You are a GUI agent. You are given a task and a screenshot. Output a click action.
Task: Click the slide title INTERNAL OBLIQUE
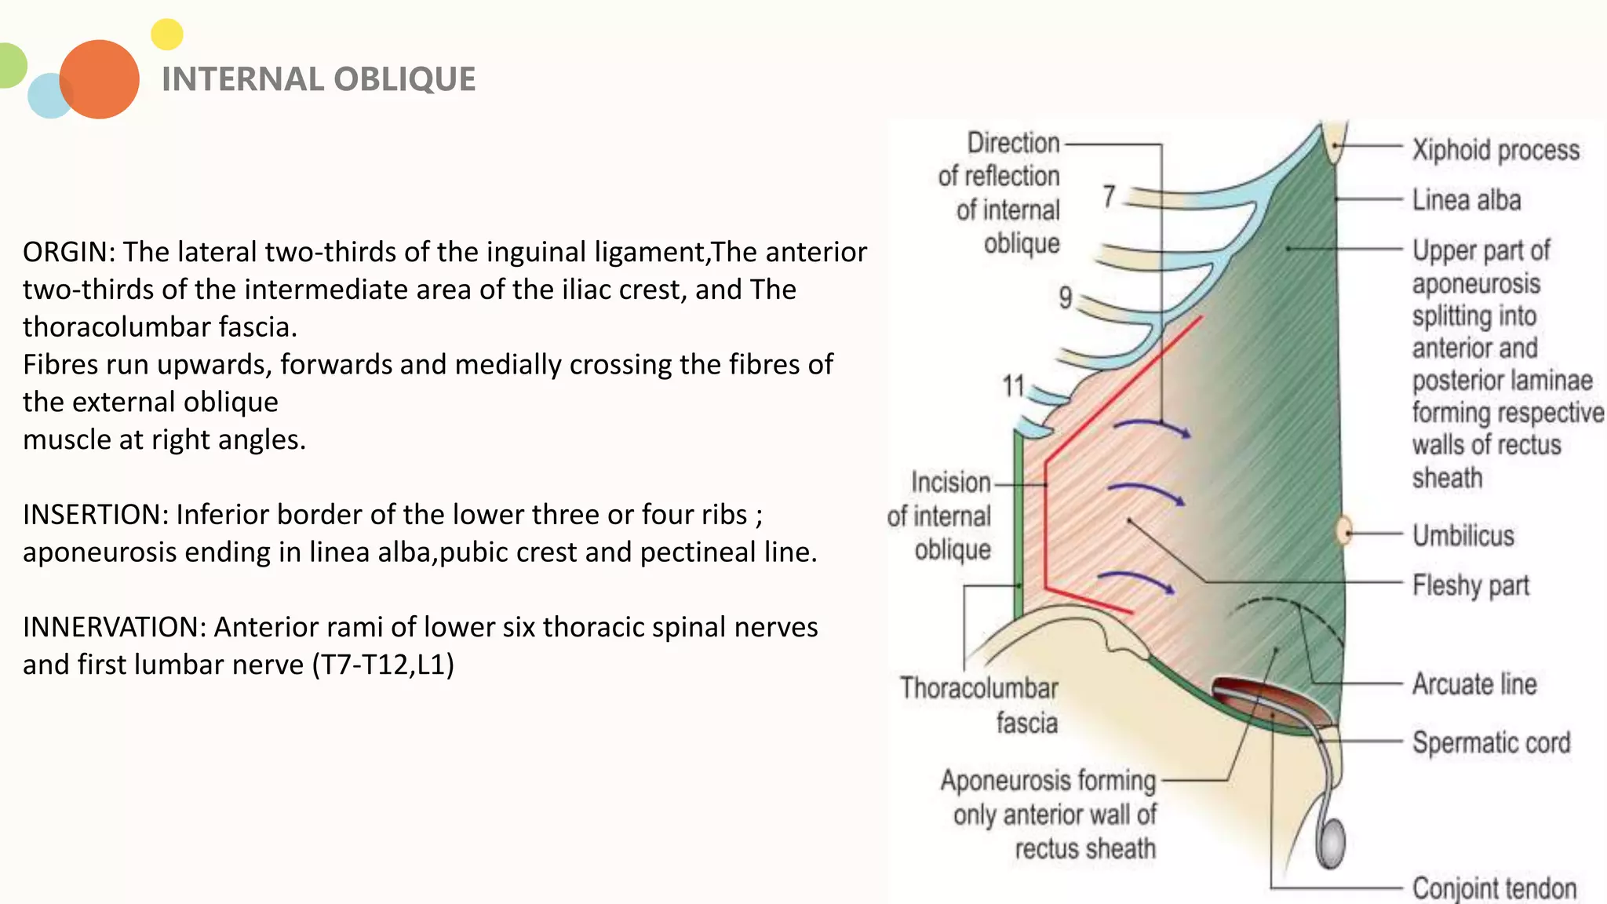[x=319, y=79]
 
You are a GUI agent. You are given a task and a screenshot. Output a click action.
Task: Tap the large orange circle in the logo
[x=100, y=79]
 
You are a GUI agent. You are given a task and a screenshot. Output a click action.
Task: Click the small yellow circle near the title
[x=166, y=35]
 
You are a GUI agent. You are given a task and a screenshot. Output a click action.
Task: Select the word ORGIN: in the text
[x=69, y=252]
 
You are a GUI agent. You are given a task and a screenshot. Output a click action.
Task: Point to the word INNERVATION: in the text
[x=115, y=627]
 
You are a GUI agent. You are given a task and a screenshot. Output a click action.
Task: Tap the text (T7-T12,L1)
[x=383, y=665]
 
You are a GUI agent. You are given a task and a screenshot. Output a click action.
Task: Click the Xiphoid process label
[x=1496, y=150]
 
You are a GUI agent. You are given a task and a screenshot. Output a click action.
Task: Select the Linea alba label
[x=1467, y=200]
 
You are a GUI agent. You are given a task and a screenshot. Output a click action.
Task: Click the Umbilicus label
[x=1463, y=536]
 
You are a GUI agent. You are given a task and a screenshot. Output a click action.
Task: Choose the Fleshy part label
[x=1471, y=585]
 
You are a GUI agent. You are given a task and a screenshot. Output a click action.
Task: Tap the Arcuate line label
[x=1474, y=684]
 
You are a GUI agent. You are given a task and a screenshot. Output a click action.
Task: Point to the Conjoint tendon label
[x=1494, y=888]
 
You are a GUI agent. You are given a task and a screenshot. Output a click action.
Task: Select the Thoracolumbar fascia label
[x=979, y=705]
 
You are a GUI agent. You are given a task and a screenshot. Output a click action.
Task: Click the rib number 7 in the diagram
[x=1109, y=196]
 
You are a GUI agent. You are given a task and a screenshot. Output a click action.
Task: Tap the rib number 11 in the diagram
[x=1013, y=386]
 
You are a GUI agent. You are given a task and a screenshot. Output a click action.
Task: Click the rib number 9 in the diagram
[x=1065, y=297]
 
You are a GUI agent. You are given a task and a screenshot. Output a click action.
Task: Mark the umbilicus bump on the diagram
[x=1343, y=531]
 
